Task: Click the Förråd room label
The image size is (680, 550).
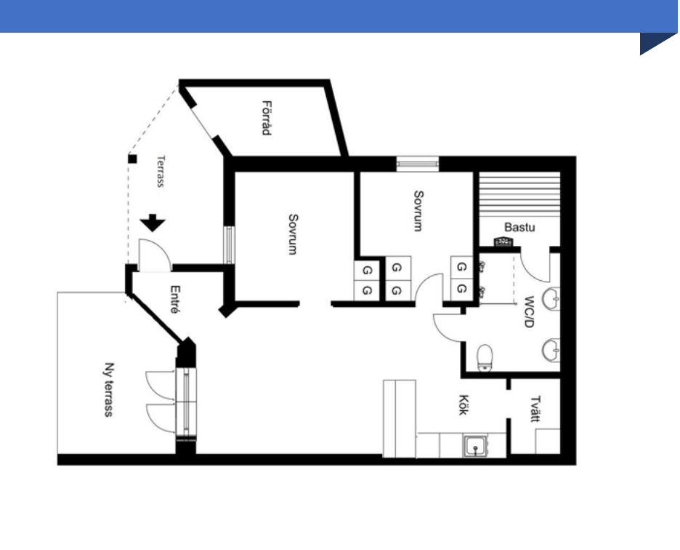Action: [267, 118]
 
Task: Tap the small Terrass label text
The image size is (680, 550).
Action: [161, 172]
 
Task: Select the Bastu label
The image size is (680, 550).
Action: [519, 227]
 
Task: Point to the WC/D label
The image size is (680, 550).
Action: [530, 311]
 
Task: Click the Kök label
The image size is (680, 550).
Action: [461, 406]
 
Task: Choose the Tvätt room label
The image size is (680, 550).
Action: [535, 408]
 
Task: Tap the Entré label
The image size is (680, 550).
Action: [174, 298]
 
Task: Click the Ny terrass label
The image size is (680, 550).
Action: [109, 390]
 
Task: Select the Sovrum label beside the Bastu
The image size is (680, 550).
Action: [418, 211]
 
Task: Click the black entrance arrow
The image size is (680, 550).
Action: [153, 223]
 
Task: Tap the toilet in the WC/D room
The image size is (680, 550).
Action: [485, 356]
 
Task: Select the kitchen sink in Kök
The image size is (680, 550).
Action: [476, 445]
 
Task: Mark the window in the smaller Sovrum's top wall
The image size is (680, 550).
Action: [418, 164]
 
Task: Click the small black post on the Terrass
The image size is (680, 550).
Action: [132, 159]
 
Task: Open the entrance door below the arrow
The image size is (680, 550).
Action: [154, 256]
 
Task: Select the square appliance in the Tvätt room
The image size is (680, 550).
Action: [547, 442]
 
